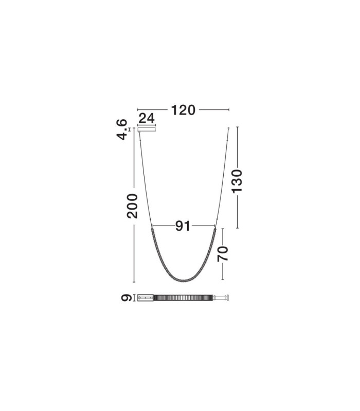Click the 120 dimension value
click(x=183, y=110)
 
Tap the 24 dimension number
click(x=147, y=119)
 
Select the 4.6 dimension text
click(x=122, y=129)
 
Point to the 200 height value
click(x=132, y=206)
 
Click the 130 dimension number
click(x=237, y=181)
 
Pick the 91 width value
click(x=183, y=226)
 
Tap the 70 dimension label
click(x=223, y=254)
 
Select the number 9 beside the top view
click(x=127, y=298)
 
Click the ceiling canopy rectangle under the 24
click(x=147, y=129)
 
